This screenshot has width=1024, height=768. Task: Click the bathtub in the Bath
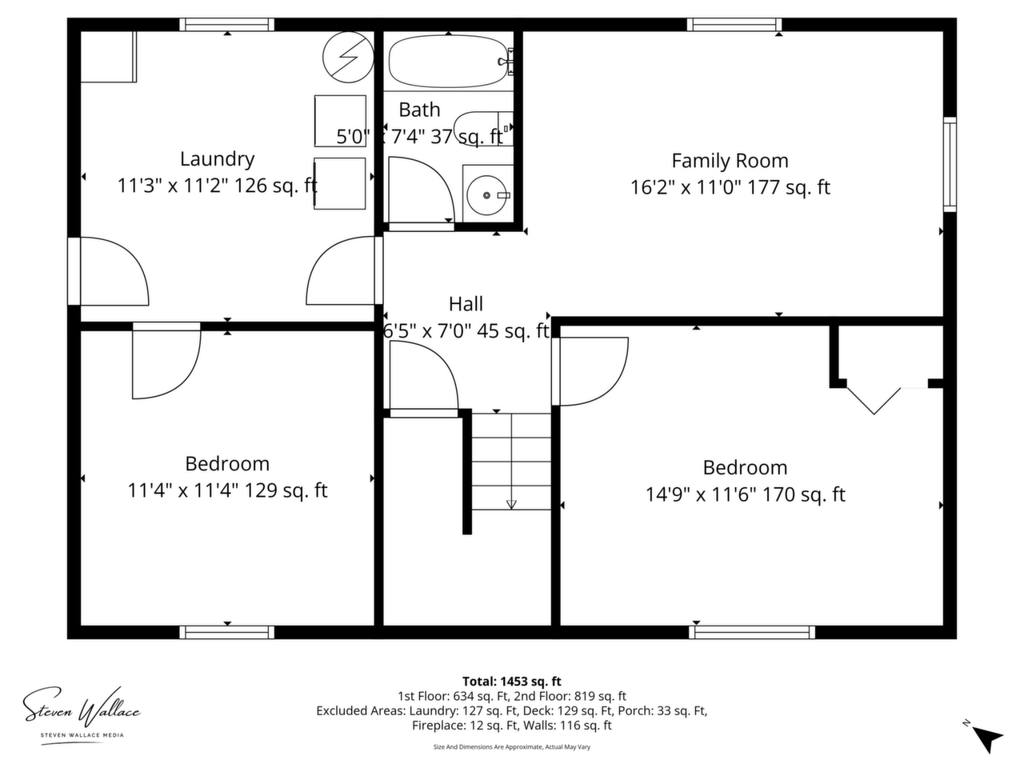coord(447,62)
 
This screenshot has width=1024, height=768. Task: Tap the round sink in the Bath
coord(486,195)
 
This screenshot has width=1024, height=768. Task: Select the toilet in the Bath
coord(483,128)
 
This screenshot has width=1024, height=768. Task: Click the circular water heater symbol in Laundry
coord(348,57)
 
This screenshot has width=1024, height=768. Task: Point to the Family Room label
coord(730,161)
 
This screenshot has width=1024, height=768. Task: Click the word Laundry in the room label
coord(218,159)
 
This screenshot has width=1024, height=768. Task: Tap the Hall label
coord(466,304)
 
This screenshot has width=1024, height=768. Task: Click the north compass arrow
coord(987,740)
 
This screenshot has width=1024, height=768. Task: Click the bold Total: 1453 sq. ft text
coord(511,682)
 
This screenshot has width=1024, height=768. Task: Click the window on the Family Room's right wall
coord(950,164)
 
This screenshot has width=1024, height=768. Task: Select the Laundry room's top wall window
coord(226,24)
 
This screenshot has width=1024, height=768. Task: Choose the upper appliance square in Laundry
coord(340,122)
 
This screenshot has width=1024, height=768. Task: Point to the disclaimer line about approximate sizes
coord(512,746)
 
